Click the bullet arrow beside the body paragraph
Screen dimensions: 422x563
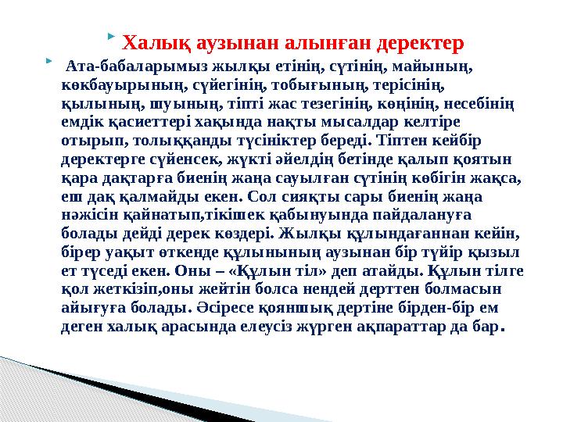point(49,59)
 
